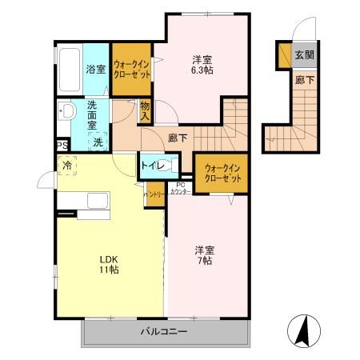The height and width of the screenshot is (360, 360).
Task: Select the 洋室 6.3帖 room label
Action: point(202,65)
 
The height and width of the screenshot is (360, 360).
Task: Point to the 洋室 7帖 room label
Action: point(204,255)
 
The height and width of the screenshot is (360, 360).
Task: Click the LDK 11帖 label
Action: point(109,264)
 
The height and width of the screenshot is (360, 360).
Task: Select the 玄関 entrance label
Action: point(303,55)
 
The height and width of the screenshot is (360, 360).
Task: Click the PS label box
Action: point(62,146)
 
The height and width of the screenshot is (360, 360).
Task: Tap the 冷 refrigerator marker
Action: point(67,166)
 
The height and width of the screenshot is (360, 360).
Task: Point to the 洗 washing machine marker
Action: point(98,142)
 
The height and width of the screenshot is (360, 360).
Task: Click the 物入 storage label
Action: point(145,110)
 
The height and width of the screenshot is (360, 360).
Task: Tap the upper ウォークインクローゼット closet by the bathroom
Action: point(130,67)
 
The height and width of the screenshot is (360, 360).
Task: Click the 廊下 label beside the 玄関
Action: point(303,80)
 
